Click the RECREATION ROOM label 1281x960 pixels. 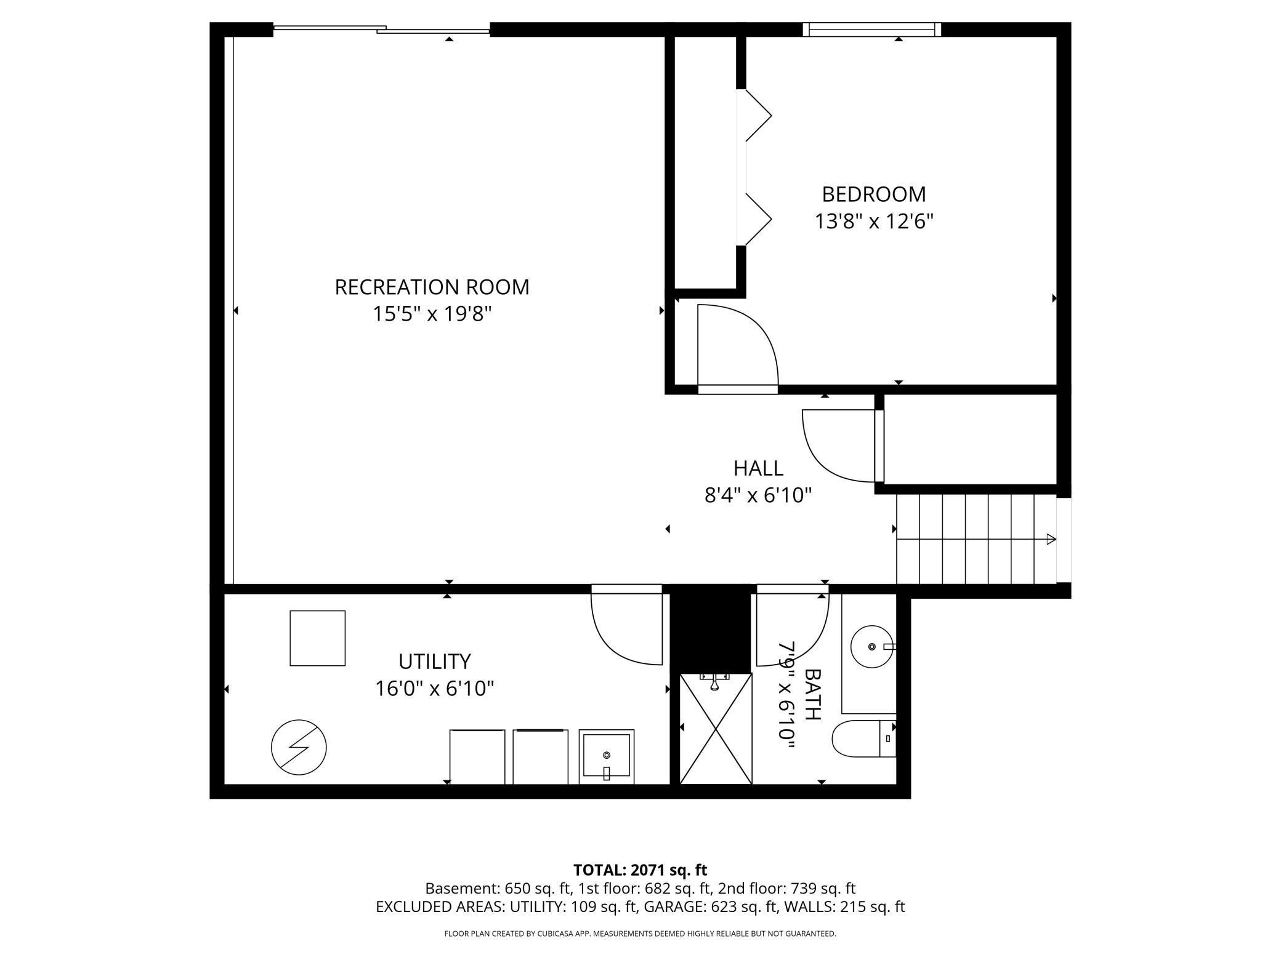432,287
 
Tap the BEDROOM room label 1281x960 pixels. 874,194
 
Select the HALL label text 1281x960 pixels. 758,468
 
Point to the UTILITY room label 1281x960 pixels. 435,662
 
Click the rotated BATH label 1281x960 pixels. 812,695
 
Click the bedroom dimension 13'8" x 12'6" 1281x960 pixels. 874,221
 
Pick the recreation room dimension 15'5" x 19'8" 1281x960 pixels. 432,314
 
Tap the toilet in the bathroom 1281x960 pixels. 864,738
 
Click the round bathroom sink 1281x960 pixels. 872,647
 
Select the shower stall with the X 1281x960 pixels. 716,729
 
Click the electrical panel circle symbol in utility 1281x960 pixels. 299,747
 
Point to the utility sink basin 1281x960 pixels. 607,757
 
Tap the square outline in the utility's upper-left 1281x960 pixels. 318,638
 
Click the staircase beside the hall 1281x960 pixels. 976,539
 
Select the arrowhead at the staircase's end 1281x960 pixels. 1052,540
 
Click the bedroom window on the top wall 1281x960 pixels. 872,30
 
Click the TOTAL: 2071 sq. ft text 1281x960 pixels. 640,870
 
